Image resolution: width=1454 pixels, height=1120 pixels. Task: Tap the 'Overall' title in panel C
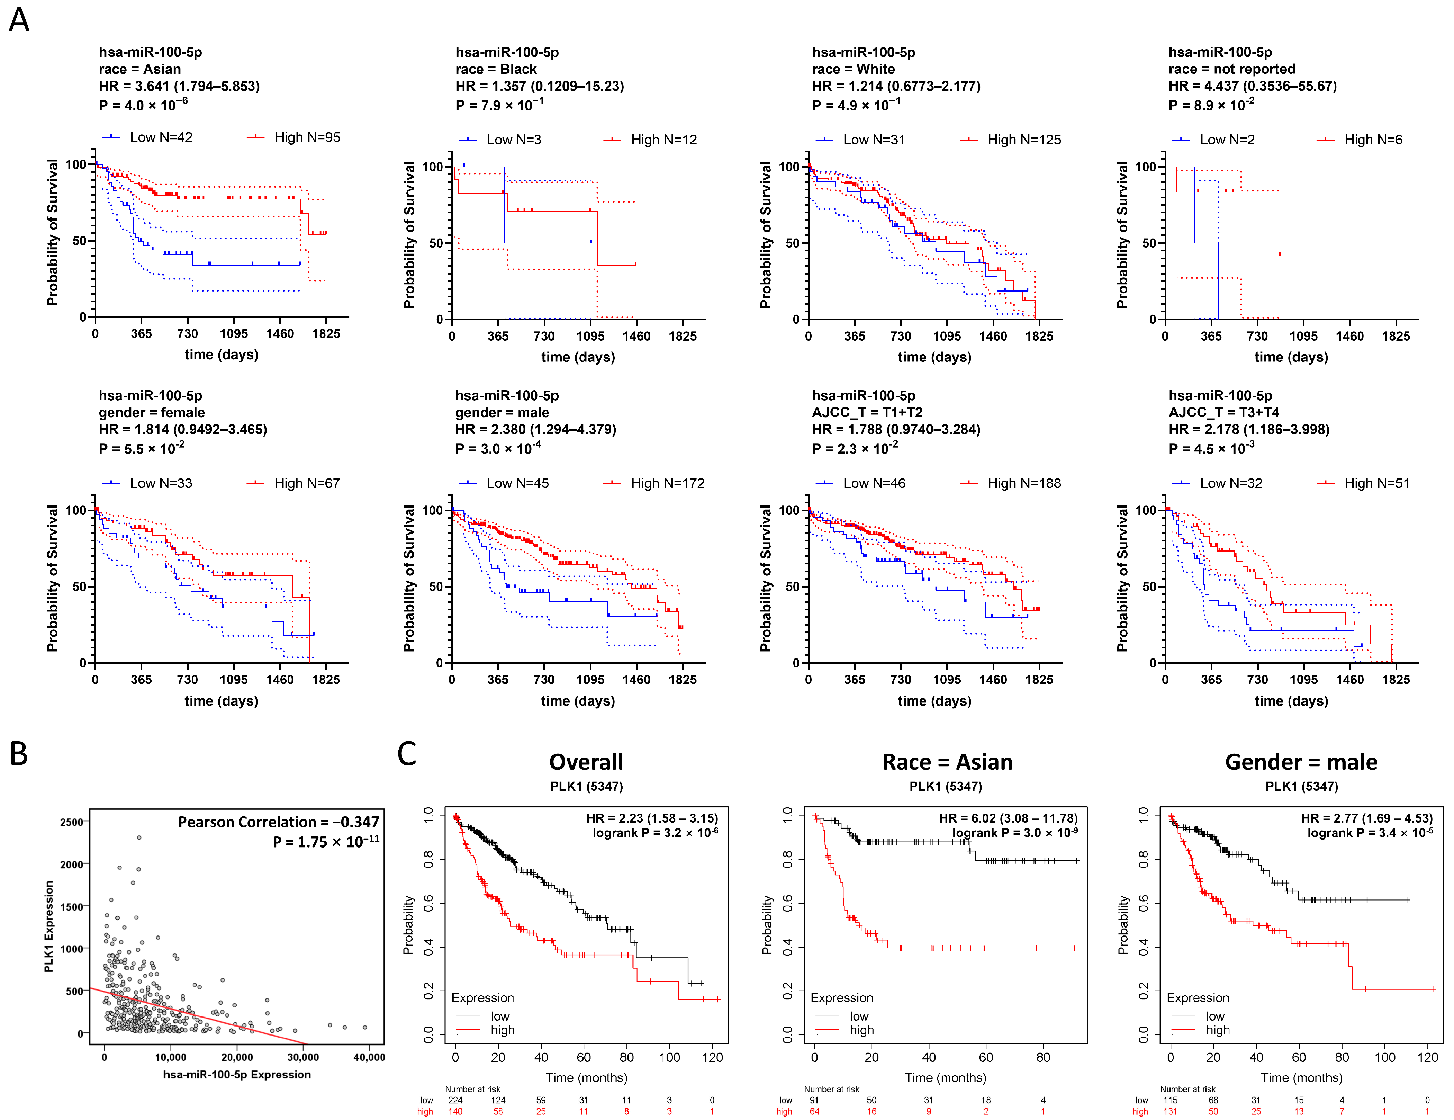(x=586, y=762)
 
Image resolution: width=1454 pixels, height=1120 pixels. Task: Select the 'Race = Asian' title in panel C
(x=947, y=762)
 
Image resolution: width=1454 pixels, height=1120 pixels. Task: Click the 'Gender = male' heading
(x=1301, y=762)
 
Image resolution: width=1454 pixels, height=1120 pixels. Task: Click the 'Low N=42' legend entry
(x=161, y=137)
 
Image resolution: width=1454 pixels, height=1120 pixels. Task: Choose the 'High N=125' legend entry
(x=1024, y=140)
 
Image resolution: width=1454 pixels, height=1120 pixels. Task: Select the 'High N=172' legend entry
(x=667, y=483)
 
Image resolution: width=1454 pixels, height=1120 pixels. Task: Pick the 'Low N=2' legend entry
(x=1226, y=140)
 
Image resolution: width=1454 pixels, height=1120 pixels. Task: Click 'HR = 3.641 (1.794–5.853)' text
(x=179, y=86)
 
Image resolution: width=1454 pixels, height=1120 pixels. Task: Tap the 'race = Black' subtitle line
(x=496, y=69)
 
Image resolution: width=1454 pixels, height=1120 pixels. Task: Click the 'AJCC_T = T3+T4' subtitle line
(x=1223, y=412)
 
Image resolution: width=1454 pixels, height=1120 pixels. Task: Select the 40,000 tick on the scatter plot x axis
(x=369, y=1057)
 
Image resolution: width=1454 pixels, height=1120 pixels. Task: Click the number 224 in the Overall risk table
(x=455, y=1100)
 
